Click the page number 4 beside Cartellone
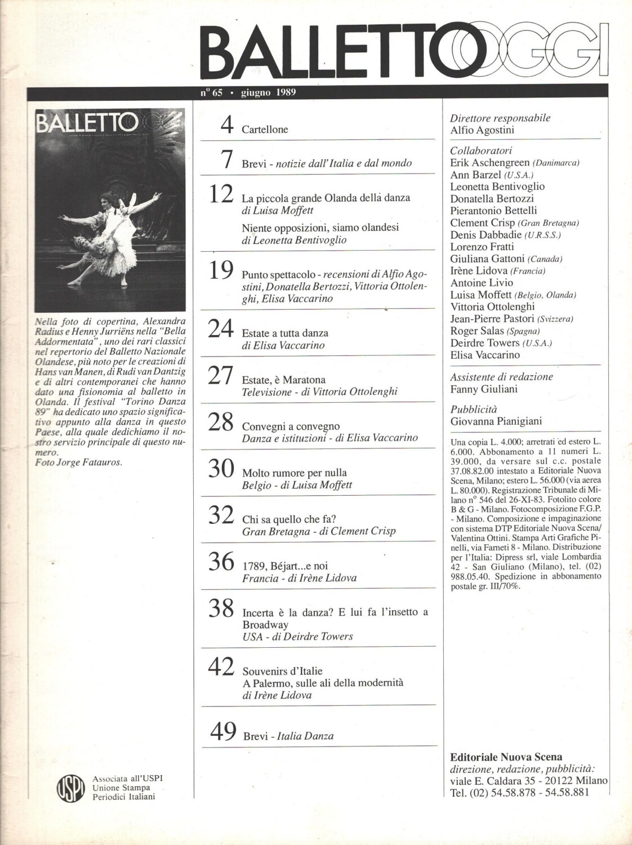(x=226, y=125)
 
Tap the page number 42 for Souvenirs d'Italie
(x=221, y=668)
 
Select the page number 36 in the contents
(x=220, y=562)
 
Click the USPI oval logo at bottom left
(x=71, y=787)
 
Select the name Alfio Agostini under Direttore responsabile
(x=482, y=130)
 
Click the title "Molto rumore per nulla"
(x=294, y=473)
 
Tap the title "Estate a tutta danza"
(x=285, y=333)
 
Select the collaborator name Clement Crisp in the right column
(x=482, y=223)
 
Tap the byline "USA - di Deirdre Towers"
(x=297, y=637)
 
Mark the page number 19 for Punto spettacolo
(x=221, y=271)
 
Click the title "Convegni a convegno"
(x=291, y=426)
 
